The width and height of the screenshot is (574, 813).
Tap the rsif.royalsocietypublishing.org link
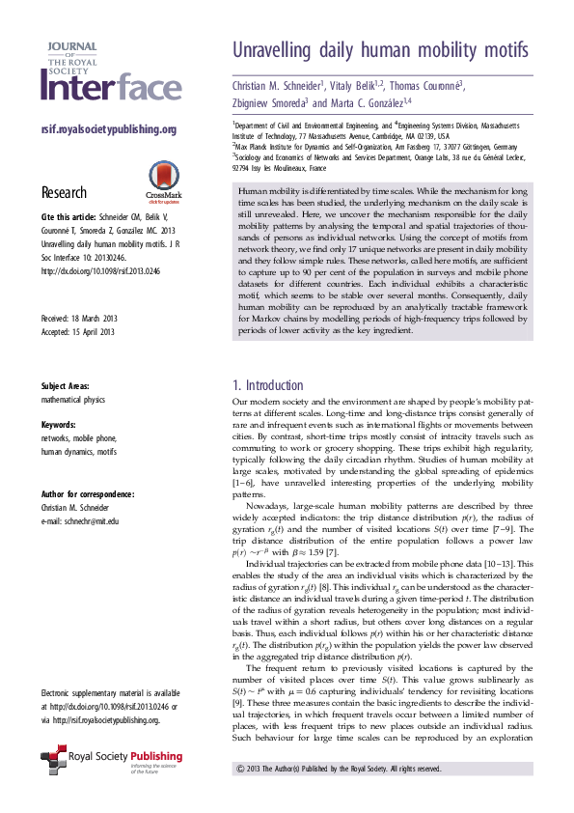coord(108,130)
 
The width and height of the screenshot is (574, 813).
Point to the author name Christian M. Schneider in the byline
coord(278,85)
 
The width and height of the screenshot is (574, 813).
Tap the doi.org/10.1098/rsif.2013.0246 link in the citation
coord(99,271)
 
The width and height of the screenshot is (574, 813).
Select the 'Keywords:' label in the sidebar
coord(61,425)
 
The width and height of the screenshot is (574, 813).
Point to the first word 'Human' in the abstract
coord(253,193)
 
